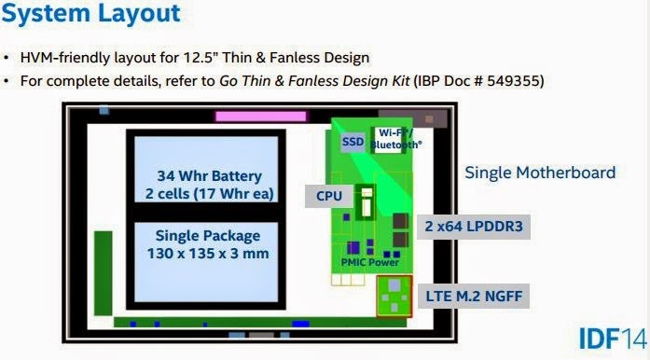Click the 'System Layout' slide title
click(x=90, y=13)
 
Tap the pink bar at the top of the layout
click(x=261, y=117)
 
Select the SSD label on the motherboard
click(x=353, y=142)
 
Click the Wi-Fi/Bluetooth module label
click(x=396, y=139)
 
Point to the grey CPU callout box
click(x=329, y=196)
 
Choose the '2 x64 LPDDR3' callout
click(x=474, y=227)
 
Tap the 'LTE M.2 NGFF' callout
click(x=474, y=297)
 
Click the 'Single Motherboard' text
click(x=540, y=173)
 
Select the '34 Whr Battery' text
click(x=209, y=176)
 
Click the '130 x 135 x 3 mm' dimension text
click(x=208, y=254)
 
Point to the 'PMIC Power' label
click(x=370, y=262)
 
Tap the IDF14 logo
click(x=613, y=339)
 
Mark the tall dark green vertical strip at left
click(x=104, y=273)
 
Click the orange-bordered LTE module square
click(x=394, y=297)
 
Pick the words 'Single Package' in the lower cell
click(x=208, y=236)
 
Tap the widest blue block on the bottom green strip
click(x=300, y=324)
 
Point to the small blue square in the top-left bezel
click(x=104, y=110)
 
